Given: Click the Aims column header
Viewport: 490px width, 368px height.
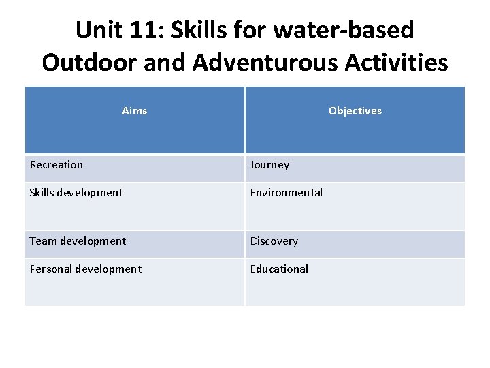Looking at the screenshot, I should pyautogui.click(x=134, y=111).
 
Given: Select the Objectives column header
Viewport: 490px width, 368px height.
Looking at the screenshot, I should pyautogui.click(x=355, y=111).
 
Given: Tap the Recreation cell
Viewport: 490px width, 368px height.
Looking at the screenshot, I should pyautogui.click(x=56, y=165).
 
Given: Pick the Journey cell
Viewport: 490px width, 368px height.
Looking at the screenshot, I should pyautogui.click(x=269, y=165).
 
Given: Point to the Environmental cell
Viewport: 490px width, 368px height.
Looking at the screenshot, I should pyautogui.click(x=286, y=193).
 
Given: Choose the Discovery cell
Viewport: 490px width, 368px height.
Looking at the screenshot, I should pyautogui.click(x=274, y=241).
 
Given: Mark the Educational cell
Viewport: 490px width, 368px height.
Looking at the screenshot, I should pyautogui.click(x=279, y=269).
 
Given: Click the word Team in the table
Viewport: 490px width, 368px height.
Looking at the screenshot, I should pyautogui.click(x=43, y=241).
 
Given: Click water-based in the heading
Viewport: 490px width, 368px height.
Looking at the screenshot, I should pyautogui.click(x=351, y=30).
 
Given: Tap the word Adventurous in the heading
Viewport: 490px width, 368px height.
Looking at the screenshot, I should pyautogui.click(x=263, y=63).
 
